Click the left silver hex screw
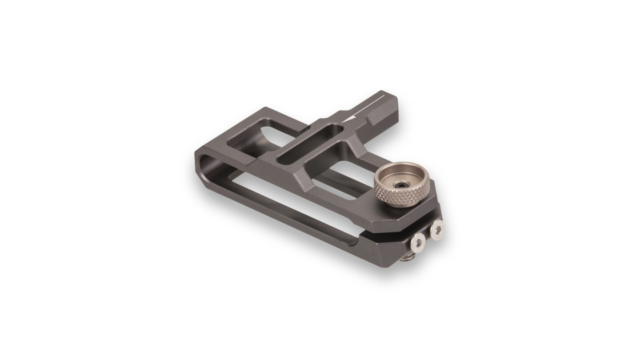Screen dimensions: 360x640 point(418,242)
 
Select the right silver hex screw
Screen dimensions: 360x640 point(437,229)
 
